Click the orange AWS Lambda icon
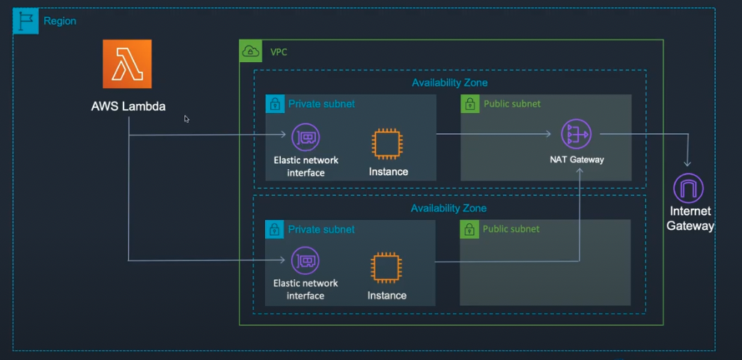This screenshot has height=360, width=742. click(x=127, y=64)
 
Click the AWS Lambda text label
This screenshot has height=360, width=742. click(x=128, y=106)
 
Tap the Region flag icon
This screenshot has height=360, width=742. click(x=26, y=21)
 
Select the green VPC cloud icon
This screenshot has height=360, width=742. click(x=251, y=52)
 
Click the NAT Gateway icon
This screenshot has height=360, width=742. click(x=576, y=135)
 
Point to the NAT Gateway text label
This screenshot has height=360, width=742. click(x=577, y=159)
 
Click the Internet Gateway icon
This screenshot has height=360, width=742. click(x=688, y=188)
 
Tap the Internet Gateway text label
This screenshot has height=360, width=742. click(x=690, y=219)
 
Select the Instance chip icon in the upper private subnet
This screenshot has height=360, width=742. click(x=387, y=144)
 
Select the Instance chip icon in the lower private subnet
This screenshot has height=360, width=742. click(x=386, y=268)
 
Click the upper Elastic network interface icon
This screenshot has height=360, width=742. click(x=305, y=137)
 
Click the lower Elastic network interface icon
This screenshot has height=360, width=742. click(x=305, y=260)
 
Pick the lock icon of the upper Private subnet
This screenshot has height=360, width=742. click(x=275, y=104)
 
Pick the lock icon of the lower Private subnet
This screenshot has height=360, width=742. click(x=275, y=229)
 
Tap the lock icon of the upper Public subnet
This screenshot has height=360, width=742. click(x=469, y=104)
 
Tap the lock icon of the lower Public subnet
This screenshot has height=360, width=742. click(x=469, y=229)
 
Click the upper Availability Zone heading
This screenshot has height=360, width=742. click(x=449, y=82)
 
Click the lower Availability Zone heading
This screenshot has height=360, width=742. click(x=448, y=208)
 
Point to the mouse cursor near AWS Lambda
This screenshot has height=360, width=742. click(x=186, y=118)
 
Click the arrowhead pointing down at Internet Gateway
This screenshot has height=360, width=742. click(x=687, y=162)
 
